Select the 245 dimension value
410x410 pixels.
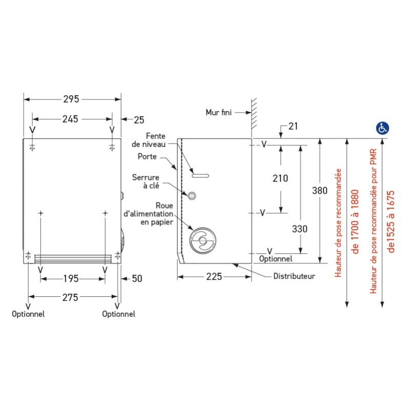(x=70, y=119)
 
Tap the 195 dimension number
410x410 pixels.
(x=71, y=279)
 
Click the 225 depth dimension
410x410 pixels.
(x=214, y=277)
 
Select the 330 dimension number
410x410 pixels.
(x=299, y=229)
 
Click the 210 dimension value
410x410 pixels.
(x=280, y=178)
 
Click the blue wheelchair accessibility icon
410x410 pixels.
(x=382, y=128)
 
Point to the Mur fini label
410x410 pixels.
(x=218, y=112)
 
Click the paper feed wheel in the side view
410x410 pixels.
(x=202, y=240)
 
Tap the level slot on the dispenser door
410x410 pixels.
(x=200, y=175)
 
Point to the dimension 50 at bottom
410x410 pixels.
(x=137, y=279)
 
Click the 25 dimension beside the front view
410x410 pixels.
(x=139, y=120)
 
